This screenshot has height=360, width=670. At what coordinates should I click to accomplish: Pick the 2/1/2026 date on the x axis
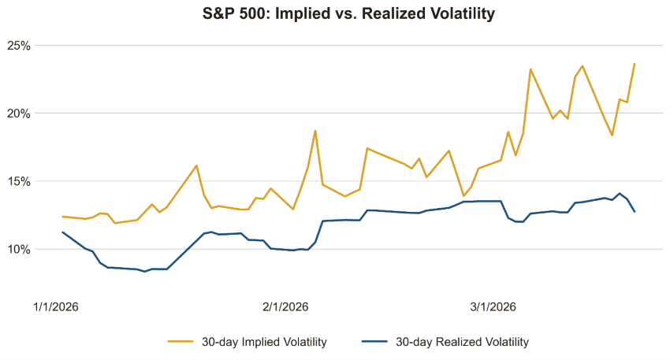(285, 306)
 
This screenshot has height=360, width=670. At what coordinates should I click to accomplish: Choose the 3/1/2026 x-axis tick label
(493, 306)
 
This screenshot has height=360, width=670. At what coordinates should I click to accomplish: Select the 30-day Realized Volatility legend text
(462, 342)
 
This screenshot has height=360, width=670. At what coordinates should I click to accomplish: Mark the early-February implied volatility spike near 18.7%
(315, 131)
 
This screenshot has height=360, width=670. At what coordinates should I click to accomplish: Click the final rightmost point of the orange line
(635, 64)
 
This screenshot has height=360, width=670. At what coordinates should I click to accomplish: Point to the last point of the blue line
(635, 211)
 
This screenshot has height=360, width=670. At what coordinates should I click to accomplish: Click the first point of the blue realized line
(62, 232)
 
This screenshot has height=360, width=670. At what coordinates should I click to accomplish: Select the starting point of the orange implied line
(62, 216)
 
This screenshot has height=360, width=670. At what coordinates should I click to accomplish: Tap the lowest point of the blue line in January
(144, 272)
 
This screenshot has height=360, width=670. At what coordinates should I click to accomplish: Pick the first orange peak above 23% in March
(530, 69)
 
